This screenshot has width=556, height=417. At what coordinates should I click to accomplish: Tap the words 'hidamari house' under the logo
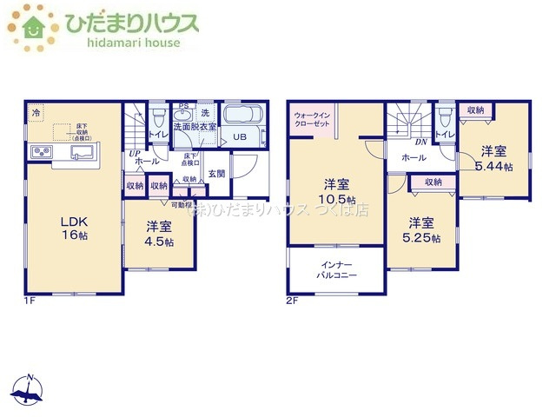point(122,43)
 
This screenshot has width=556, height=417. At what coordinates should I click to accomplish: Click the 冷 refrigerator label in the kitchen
point(36,113)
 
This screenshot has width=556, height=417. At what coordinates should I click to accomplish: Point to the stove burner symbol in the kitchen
point(43,154)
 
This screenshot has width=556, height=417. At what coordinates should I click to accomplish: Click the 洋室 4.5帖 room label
point(159,234)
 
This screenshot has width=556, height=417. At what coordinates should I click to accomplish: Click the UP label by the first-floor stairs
point(135,154)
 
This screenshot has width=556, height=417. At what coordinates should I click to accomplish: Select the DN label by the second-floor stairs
point(420,142)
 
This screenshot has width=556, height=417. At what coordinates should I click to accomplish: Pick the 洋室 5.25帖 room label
point(421,229)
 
